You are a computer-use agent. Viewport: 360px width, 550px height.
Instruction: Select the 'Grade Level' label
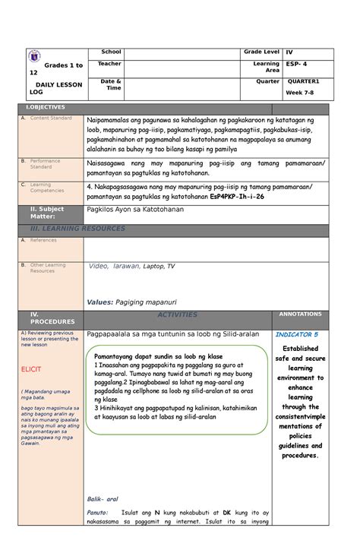point(261,51)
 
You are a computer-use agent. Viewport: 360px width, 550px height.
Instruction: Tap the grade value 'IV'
point(290,51)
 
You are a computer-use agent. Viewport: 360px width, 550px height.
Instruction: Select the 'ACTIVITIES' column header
point(176,315)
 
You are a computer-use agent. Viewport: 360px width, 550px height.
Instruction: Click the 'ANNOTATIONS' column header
point(301,314)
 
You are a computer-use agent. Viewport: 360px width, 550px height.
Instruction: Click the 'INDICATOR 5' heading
point(297,334)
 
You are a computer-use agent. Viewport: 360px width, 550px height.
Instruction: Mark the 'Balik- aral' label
point(101,499)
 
